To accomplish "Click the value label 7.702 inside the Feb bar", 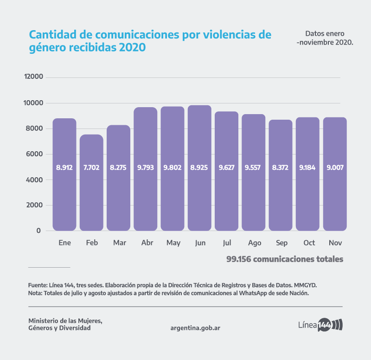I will coord(91,167).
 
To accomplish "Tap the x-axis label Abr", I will coord(146,243).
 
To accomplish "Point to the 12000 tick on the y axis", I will coord(33,77).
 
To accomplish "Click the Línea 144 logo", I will coord(320,324).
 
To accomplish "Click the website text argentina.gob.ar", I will coord(195,328).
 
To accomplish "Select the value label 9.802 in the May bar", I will coord(173,167).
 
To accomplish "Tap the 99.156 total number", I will coord(242,259).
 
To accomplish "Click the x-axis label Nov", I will coord(335,243).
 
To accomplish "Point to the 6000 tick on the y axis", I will coord(33,154).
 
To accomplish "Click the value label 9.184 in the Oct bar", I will coord(307,167).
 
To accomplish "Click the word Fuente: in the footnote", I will coord(38,284).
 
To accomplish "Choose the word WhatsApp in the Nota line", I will coord(255,293).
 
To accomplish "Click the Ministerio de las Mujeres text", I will coord(65,321).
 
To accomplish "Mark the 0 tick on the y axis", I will coord(38,231).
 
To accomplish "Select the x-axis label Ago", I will coord(254,243).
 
